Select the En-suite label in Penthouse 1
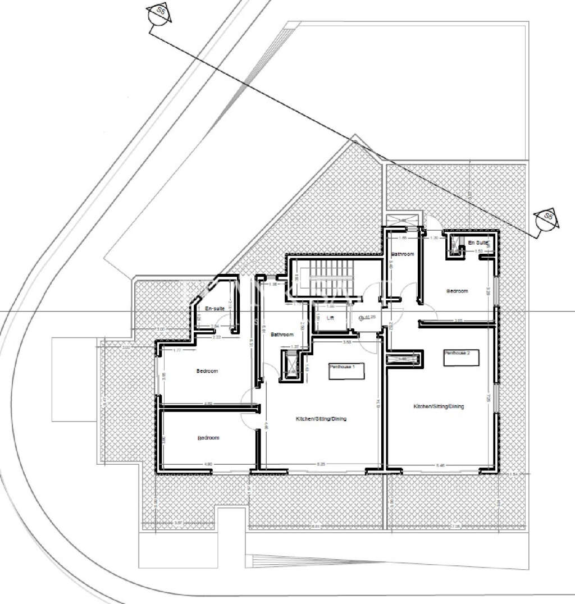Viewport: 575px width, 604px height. click(215, 309)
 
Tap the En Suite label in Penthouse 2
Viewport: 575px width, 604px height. click(479, 242)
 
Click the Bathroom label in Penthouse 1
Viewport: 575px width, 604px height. click(282, 335)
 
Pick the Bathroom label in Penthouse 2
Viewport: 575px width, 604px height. click(403, 254)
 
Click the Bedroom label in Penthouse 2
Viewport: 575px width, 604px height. click(457, 291)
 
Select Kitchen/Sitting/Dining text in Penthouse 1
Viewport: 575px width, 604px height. click(321, 419)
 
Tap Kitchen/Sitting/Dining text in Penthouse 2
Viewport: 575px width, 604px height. click(439, 406)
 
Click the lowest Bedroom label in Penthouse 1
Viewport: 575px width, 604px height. click(208, 438)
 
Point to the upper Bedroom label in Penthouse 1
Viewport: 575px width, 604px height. click(207, 371)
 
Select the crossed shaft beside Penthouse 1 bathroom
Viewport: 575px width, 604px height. click(291, 363)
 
